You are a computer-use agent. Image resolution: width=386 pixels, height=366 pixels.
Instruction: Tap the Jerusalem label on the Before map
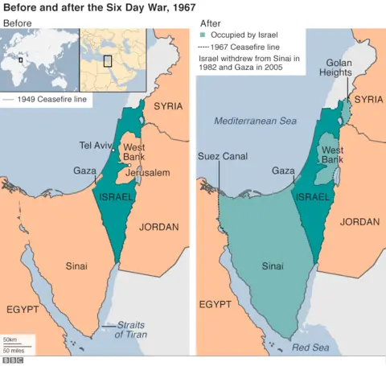[148, 173]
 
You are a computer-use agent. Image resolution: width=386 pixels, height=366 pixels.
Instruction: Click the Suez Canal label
[220, 156]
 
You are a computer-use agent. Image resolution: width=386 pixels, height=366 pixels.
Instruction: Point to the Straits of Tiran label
[131, 329]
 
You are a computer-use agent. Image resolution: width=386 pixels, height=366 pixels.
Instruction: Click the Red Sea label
[310, 347]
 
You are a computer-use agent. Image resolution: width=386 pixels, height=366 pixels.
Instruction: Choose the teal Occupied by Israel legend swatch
[203, 35]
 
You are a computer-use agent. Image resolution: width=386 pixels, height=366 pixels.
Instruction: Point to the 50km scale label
[10, 340]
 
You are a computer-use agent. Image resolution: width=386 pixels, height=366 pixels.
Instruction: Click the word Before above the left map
[18, 23]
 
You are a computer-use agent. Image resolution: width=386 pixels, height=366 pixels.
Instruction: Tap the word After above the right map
[210, 23]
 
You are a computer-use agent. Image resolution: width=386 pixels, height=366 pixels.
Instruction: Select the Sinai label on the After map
[273, 265]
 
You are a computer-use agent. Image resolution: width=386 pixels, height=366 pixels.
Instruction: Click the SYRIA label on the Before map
[168, 106]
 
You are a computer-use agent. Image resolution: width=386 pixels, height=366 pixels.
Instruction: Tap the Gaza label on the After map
[283, 171]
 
